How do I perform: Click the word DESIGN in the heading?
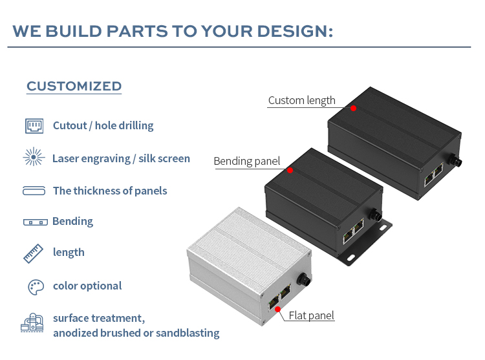tap(295, 31)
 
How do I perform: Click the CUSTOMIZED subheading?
tap(74, 86)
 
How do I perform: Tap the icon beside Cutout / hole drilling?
tap(34, 126)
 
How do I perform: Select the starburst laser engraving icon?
tap(34, 156)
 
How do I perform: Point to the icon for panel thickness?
tap(34, 191)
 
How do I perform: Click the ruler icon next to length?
tap(34, 253)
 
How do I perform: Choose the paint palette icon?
tap(36, 288)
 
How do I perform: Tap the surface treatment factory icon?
tap(32, 323)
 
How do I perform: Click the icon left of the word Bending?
tap(36, 222)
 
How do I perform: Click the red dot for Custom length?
tap(354, 108)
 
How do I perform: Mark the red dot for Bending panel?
tap(290, 170)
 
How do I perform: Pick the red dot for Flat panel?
tap(278, 309)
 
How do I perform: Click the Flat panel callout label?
tap(311, 315)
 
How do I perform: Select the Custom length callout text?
tap(301, 100)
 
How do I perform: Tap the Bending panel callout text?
tap(247, 162)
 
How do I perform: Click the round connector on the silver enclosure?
tap(303, 279)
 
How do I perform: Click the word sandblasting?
tap(188, 333)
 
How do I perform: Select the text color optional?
tap(87, 286)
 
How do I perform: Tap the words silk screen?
tap(164, 158)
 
